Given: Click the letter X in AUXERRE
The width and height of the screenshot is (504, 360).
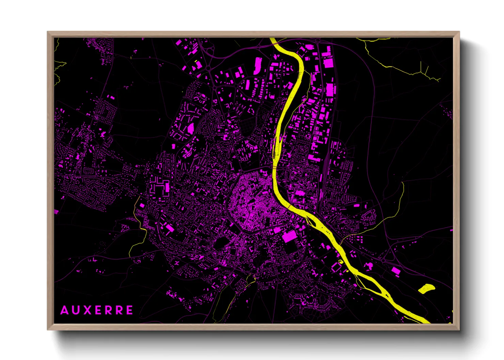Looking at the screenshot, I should [x=87, y=310].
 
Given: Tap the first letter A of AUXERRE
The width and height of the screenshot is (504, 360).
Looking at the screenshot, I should [x=64, y=310].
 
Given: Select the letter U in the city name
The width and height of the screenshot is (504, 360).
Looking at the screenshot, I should [x=76, y=310].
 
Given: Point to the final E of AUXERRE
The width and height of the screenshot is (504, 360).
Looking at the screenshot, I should [x=129, y=310].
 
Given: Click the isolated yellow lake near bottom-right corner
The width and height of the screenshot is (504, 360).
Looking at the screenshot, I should [x=426, y=289].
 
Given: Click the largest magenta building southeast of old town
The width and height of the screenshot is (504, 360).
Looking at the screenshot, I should [x=289, y=236].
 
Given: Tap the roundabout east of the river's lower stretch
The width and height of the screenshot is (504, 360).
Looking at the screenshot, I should [x=384, y=260].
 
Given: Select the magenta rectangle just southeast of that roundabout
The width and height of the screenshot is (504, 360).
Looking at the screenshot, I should [x=395, y=271].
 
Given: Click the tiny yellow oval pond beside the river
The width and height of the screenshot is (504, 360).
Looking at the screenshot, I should [x=340, y=261].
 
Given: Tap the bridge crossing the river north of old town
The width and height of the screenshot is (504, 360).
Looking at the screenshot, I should [x=275, y=168].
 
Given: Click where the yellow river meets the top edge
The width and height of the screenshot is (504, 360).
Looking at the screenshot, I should [x=273, y=38].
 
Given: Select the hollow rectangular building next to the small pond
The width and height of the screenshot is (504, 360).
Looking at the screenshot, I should [x=335, y=267].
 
